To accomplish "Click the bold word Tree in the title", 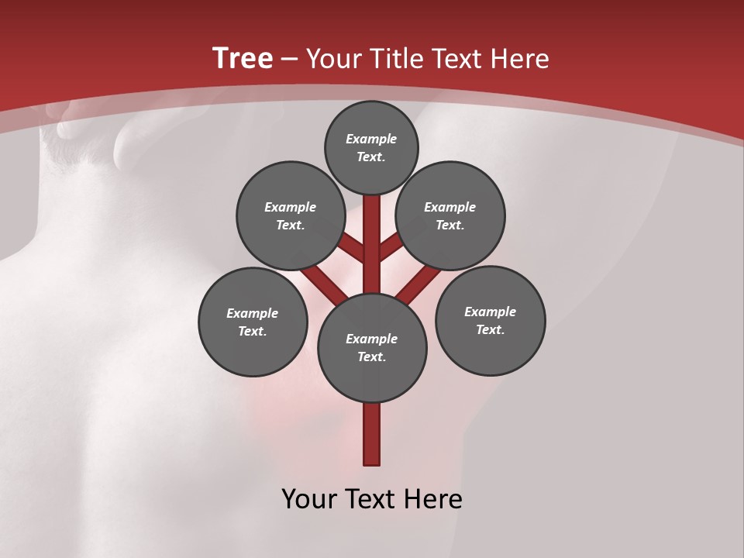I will pyautogui.click(x=243, y=59).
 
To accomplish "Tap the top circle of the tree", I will pyautogui.click(x=371, y=147).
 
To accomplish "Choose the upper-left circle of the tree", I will pyautogui.click(x=291, y=215).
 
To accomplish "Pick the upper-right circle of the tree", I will pyautogui.click(x=450, y=215).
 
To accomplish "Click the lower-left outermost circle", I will pyautogui.click(x=253, y=322).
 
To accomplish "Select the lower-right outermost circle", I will pyautogui.click(x=490, y=320).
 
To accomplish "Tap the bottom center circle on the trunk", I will pyautogui.click(x=372, y=348).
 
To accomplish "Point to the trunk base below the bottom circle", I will pyautogui.click(x=372, y=434).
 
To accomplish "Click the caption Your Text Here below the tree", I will pyautogui.click(x=372, y=499).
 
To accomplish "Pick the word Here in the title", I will pyautogui.click(x=520, y=59).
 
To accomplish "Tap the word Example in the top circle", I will pyautogui.click(x=371, y=139).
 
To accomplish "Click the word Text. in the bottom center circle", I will pyautogui.click(x=371, y=357).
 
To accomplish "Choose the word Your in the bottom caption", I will pyautogui.click(x=308, y=499).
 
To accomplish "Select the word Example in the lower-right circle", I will pyautogui.click(x=490, y=312).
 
